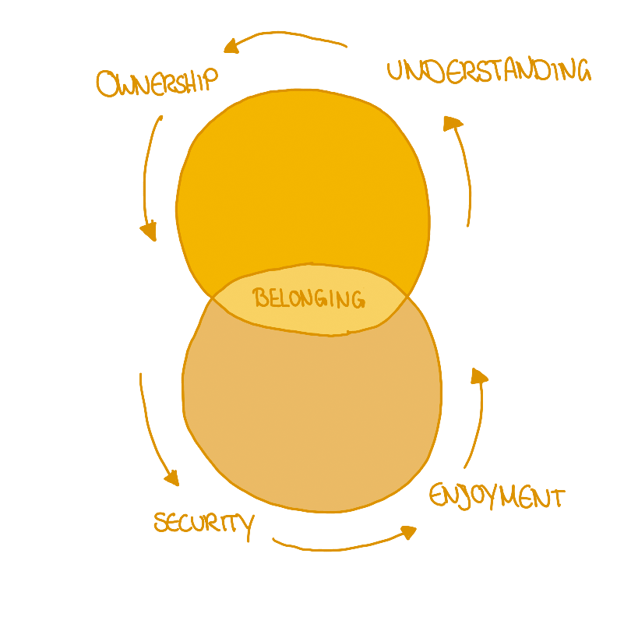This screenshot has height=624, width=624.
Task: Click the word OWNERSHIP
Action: point(157,83)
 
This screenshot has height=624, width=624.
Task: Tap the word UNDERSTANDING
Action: point(489,71)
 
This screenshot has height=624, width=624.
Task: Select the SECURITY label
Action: point(205,524)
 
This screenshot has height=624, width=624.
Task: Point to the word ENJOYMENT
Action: point(497,497)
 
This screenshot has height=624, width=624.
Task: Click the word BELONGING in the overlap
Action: point(308,298)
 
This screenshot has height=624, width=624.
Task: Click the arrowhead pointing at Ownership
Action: point(231,47)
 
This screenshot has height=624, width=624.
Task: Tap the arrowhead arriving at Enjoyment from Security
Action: point(409,532)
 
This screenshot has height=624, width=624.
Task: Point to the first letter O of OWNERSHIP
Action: point(107,84)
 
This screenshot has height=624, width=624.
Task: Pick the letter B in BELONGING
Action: point(261,297)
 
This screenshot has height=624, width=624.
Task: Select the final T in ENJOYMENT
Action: point(556,498)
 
